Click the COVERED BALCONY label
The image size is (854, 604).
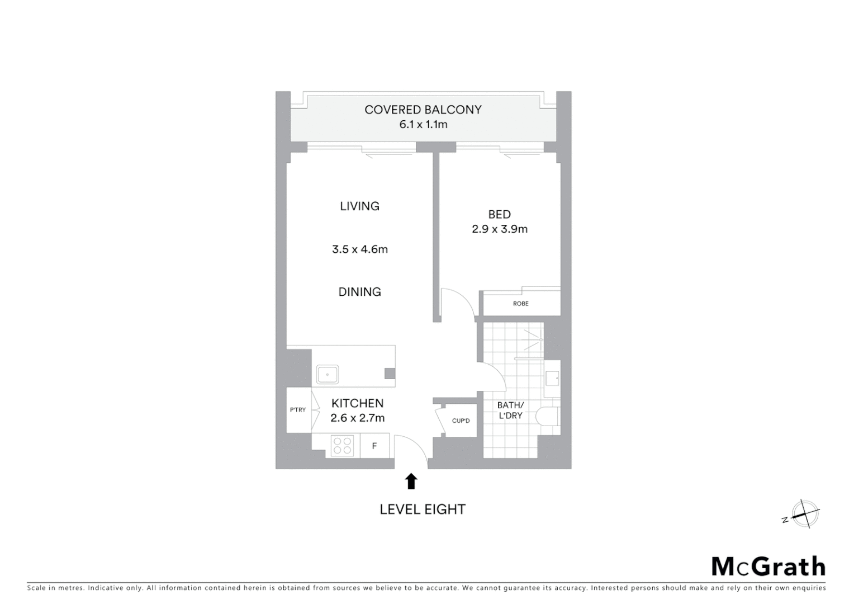point(423,110)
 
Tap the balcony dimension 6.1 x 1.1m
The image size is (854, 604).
point(423,124)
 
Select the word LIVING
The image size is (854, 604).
point(359,206)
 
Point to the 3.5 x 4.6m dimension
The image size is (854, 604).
point(359,249)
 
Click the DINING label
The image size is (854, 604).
point(359,292)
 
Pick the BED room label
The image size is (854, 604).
point(499,214)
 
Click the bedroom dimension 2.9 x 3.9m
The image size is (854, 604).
point(499,229)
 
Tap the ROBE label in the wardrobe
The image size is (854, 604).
point(520,304)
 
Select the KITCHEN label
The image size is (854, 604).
point(357,403)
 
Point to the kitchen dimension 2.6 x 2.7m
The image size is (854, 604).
point(357,418)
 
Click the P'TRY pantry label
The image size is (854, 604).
point(298,410)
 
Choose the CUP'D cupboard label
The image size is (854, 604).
point(461,421)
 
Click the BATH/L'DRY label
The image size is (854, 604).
point(510,410)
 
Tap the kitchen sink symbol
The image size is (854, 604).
point(328,374)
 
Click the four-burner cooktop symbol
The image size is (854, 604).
point(342,446)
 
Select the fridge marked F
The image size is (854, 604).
point(374,446)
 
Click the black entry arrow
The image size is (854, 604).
point(411,481)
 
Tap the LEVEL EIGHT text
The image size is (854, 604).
point(422,509)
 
